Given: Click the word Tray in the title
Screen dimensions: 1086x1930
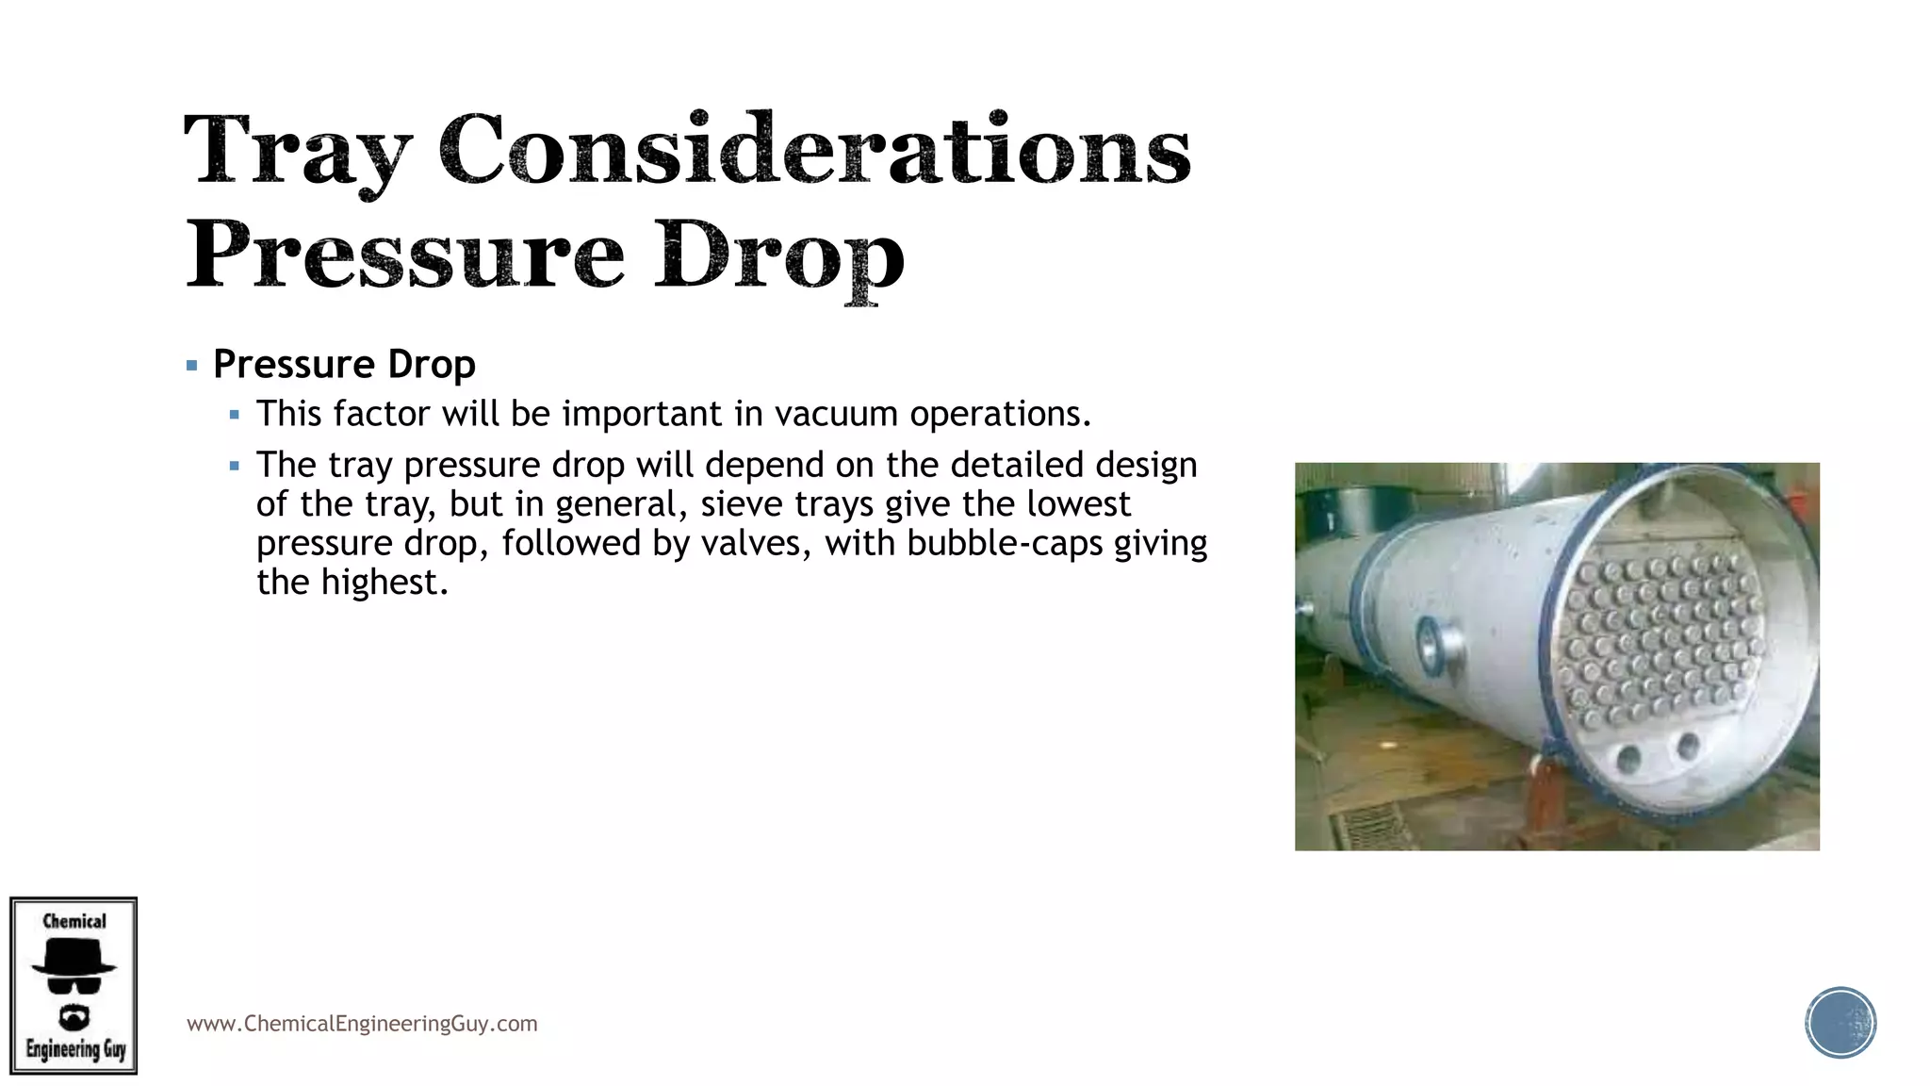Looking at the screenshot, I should pyautogui.click(x=298, y=151).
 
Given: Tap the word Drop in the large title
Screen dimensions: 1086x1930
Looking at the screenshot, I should pyautogui.click(x=780, y=256).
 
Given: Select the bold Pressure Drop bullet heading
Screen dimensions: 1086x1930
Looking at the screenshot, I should pyautogui.click(x=344, y=365).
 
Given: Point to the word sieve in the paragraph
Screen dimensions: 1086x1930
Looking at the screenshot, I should pyautogui.click(x=741, y=504).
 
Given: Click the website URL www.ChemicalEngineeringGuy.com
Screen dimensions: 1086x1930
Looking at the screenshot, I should pyautogui.click(x=362, y=1024).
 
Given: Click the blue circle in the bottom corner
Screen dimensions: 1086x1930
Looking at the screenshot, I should pyautogui.click(x=1840, y=1023).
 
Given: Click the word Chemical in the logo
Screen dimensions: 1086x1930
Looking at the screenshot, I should pyautogui.click(x=74, y=921).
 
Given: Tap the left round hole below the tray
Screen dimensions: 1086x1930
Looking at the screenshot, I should pyautogui.click(x=1627, y=759).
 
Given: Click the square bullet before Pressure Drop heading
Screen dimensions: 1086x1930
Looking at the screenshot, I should pyautogui.click(x=192, y=365).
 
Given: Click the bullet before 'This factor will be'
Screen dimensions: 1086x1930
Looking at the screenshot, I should pyautogui.click(x=235, y=415).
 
